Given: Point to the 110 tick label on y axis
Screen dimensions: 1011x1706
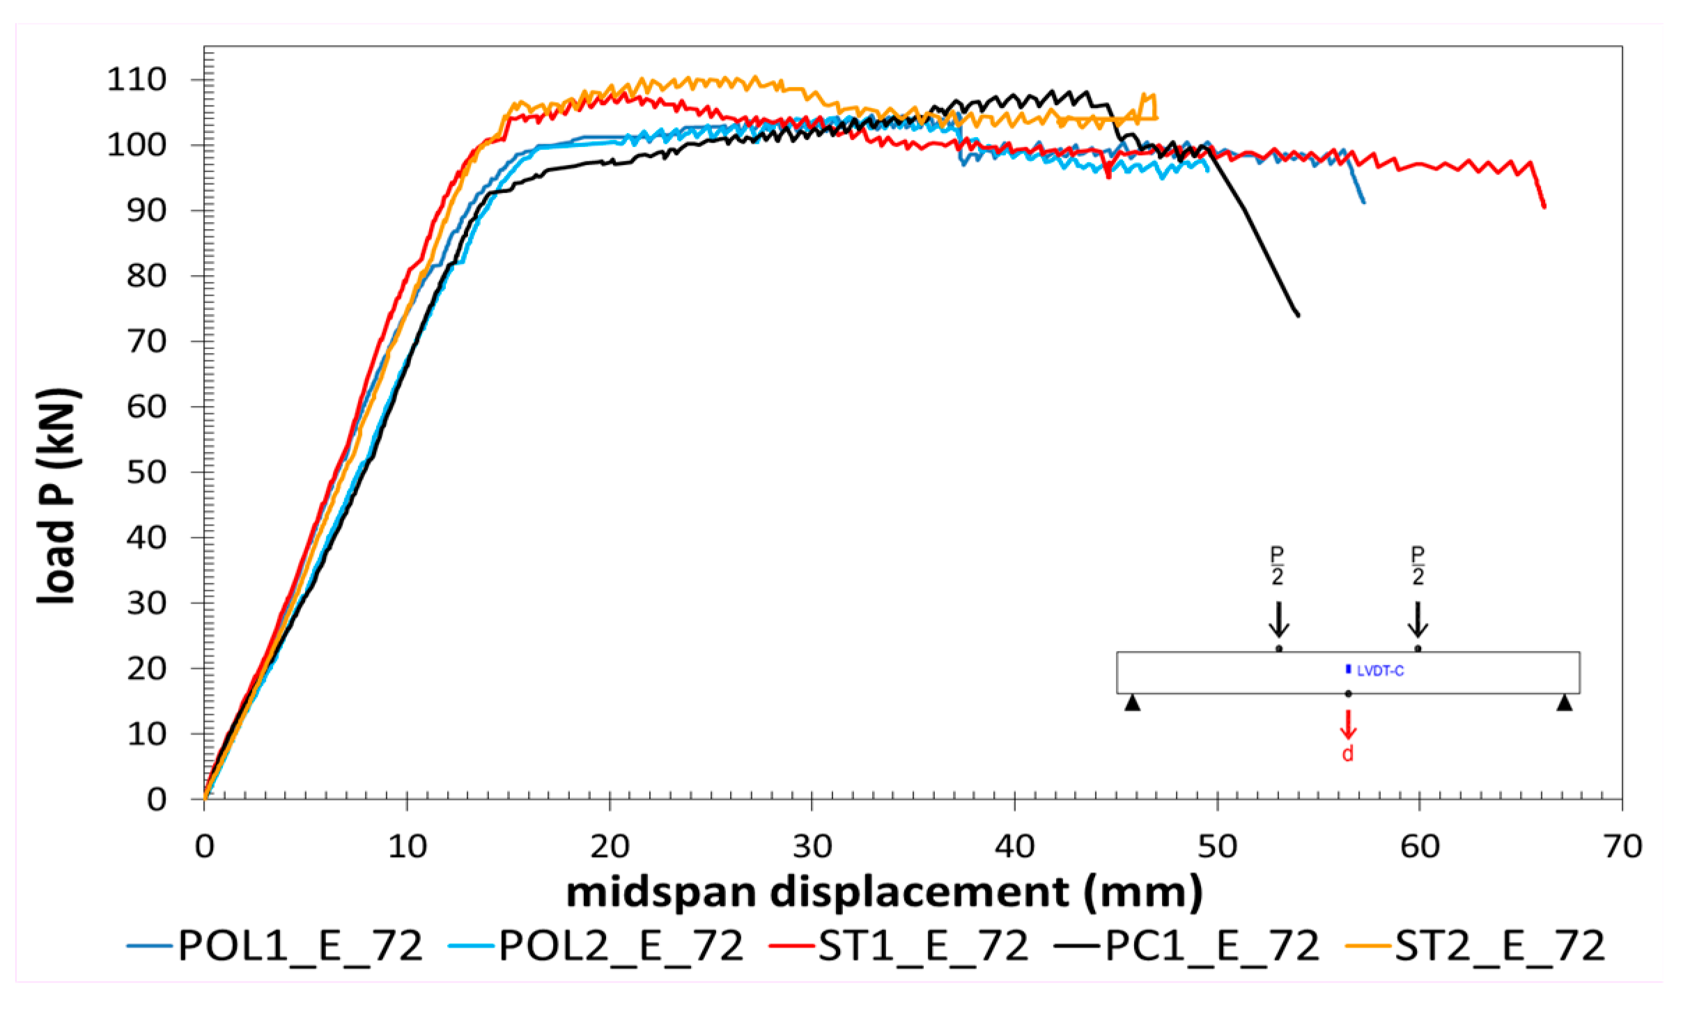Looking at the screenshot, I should point(137,80).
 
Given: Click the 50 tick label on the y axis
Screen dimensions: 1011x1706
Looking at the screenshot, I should point(146,472).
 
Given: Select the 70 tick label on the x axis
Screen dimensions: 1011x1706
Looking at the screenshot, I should point(1622,847).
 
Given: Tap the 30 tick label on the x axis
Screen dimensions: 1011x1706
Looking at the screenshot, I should point(812,847).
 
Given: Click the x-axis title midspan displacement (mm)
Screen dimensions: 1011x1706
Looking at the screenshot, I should point(884,893).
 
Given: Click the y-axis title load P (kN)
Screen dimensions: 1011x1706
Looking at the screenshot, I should point(59,496).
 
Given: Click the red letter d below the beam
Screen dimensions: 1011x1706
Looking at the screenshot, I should point(1348,754).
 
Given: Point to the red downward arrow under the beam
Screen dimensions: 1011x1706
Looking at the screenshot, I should point(1348,725).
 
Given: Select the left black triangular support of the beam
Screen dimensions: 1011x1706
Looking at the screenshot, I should point(1133,703).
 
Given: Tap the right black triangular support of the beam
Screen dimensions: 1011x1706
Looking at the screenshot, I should point(1565,703).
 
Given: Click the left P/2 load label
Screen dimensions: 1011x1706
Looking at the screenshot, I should point(1277,565).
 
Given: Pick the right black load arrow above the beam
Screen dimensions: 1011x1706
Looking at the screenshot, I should point(1418,620).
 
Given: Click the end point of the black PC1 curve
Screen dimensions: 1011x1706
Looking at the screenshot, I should point(1298,315).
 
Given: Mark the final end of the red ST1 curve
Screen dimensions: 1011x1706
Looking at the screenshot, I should point(1544,207).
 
